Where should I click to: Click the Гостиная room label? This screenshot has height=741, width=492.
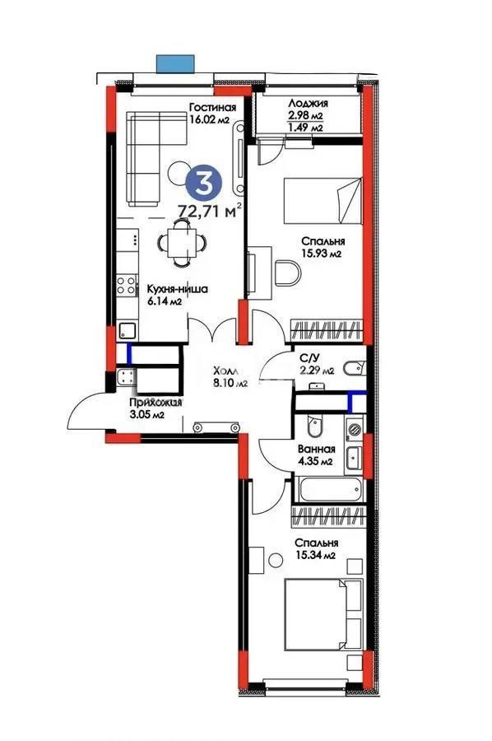point(212,107)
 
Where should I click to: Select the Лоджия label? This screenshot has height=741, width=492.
point(309,104)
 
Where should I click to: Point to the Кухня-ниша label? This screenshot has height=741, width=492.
point(176,289)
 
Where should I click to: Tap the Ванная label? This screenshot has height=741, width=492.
point(315,449)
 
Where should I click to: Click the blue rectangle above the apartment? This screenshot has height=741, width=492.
point(176,62)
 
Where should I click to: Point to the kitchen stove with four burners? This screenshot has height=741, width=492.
point(126,286)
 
